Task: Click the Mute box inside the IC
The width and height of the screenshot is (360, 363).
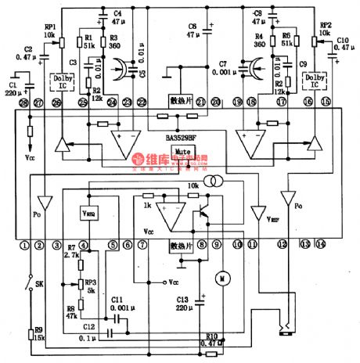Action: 183,152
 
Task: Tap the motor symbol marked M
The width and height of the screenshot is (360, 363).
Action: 221,277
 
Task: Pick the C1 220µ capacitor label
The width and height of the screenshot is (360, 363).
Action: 13,87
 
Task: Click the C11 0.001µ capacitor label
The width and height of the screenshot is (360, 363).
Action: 117,304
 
